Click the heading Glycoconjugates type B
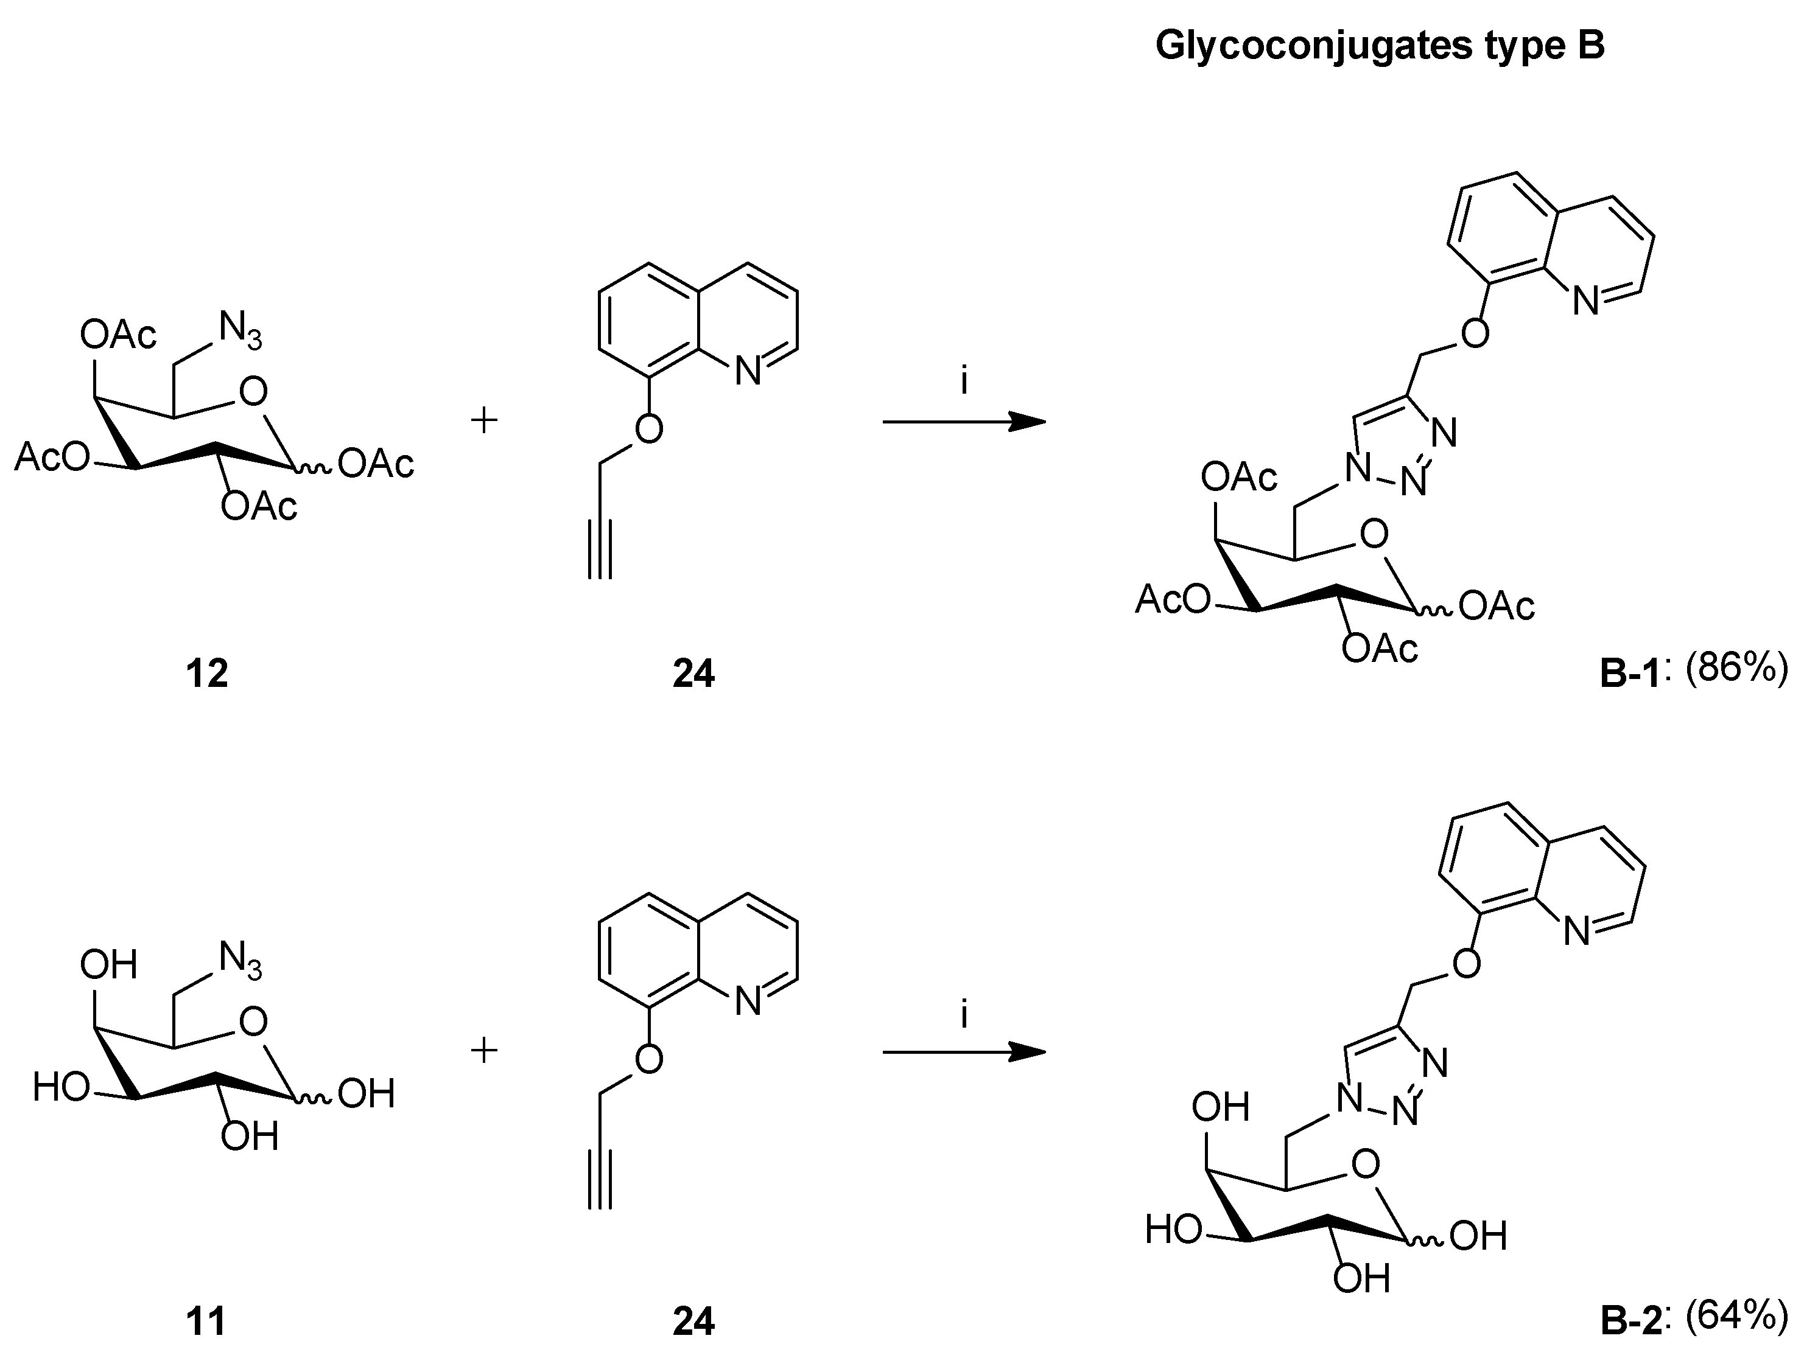click(1379, 46)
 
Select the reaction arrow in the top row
click(963, 422)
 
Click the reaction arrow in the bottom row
click(963, 1053)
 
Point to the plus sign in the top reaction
click(484, 422)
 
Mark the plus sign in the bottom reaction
click(484, 1051)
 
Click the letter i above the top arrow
click(964, 382)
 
